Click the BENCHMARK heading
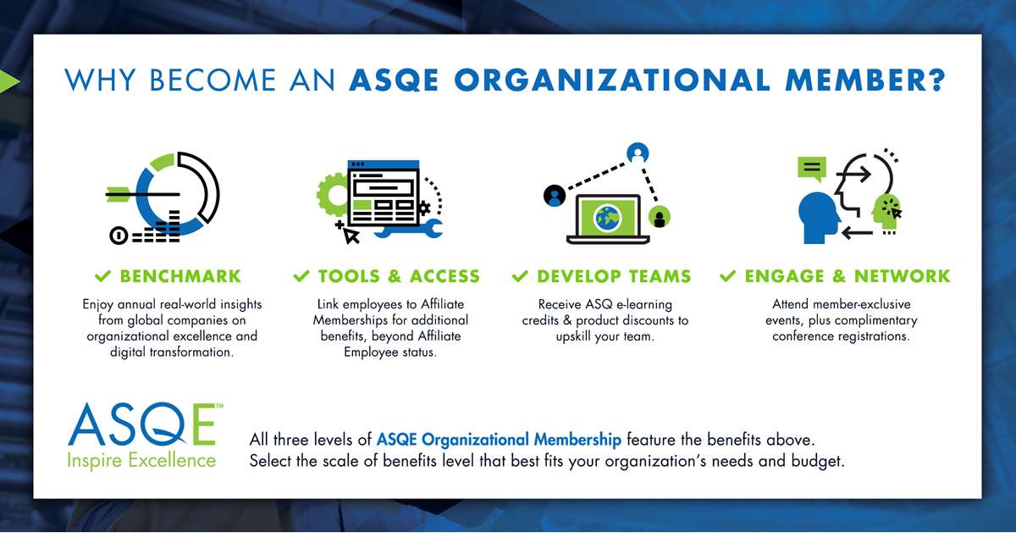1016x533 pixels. (180, 276)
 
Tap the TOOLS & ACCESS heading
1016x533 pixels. (399, 276)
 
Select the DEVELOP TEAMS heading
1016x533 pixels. (614, 276)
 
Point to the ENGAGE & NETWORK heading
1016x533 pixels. (847, 276)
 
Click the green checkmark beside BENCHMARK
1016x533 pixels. (102, 275)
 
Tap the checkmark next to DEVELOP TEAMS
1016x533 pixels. (520, 275)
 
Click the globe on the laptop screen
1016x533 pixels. (607, 219)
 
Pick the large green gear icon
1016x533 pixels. (333, 194)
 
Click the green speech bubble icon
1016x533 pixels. (812, 169)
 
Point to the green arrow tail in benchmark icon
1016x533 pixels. (117, 194)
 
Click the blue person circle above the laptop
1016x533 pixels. (638, 153)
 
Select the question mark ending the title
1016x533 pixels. (936, 80)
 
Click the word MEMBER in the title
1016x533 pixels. (853, 81)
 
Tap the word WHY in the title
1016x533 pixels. (100, 81)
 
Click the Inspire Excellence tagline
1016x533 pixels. (141, 460)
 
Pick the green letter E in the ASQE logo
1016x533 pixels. (204, 424)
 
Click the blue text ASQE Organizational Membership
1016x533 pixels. (499, 440)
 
